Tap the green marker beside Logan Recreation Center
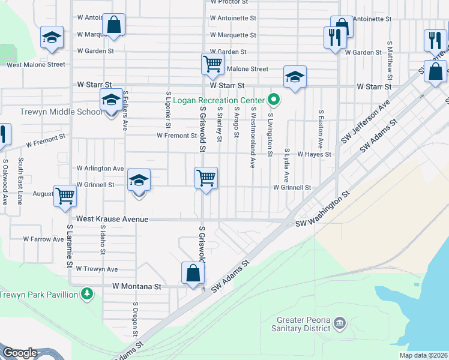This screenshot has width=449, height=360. click(274, 99)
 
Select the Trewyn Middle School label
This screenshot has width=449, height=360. click(53, 112)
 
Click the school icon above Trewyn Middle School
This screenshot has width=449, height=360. click(110, 100)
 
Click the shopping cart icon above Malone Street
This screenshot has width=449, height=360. click(212, 64)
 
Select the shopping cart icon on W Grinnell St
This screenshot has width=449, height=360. click(206, 178)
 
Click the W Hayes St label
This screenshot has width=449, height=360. click(314, 154)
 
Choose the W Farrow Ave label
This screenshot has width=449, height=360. click(43, 239)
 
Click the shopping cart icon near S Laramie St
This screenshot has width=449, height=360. click(65, 195)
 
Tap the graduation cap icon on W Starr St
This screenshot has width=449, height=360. click(295, 77)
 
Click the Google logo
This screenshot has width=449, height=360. click(20, 353)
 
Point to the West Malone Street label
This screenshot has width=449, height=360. click(36, 64)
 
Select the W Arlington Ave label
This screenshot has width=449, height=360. click(100, 169)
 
